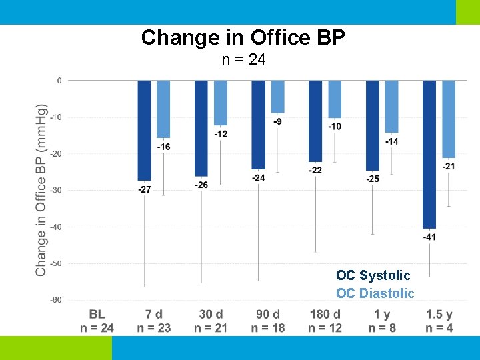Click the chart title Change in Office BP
243,37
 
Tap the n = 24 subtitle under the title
243,60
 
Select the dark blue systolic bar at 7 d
145,130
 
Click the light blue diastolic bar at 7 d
163,109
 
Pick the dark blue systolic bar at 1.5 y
429,153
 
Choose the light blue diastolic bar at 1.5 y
449,119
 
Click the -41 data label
429,237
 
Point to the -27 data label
144,189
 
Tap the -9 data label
277,121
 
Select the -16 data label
163,147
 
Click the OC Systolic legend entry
373,275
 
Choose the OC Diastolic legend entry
375,293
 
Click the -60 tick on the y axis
56,300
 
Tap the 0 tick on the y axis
59,81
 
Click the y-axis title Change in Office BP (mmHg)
41,190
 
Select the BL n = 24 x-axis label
97,320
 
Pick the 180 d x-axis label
325,314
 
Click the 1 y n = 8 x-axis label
382,320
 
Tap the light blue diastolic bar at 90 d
277,97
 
